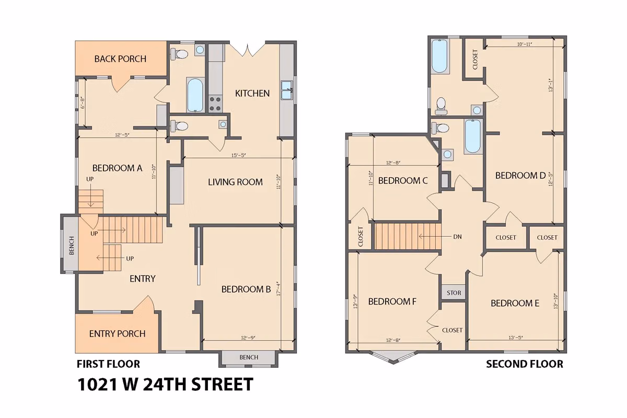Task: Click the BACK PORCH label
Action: click(120, 59)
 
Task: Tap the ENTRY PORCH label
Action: click(117, 333)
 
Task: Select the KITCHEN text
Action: click(252, 93)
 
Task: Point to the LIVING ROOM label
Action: click(235, 182)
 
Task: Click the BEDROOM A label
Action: click(117, 168)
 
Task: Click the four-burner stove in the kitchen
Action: click(215, 103)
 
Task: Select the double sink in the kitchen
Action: click(286, 90)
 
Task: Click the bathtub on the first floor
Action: click(195, 95)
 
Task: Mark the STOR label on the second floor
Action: click(454, 293)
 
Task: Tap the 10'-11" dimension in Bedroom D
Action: click(524, 44)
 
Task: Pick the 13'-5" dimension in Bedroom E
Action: click(515, 338)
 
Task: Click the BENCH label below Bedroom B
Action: click(249, 357)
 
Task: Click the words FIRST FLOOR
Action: click(108, 364)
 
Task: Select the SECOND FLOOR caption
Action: click(525, 364)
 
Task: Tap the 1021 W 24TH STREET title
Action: click(165, 385)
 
